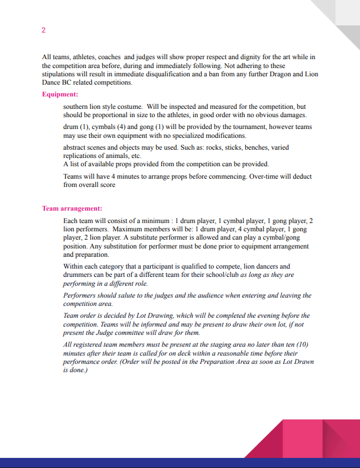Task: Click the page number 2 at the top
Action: (x=44, y=30)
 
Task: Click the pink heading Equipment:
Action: (x=60, y=94)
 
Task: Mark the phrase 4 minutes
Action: (x=120, y=176)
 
